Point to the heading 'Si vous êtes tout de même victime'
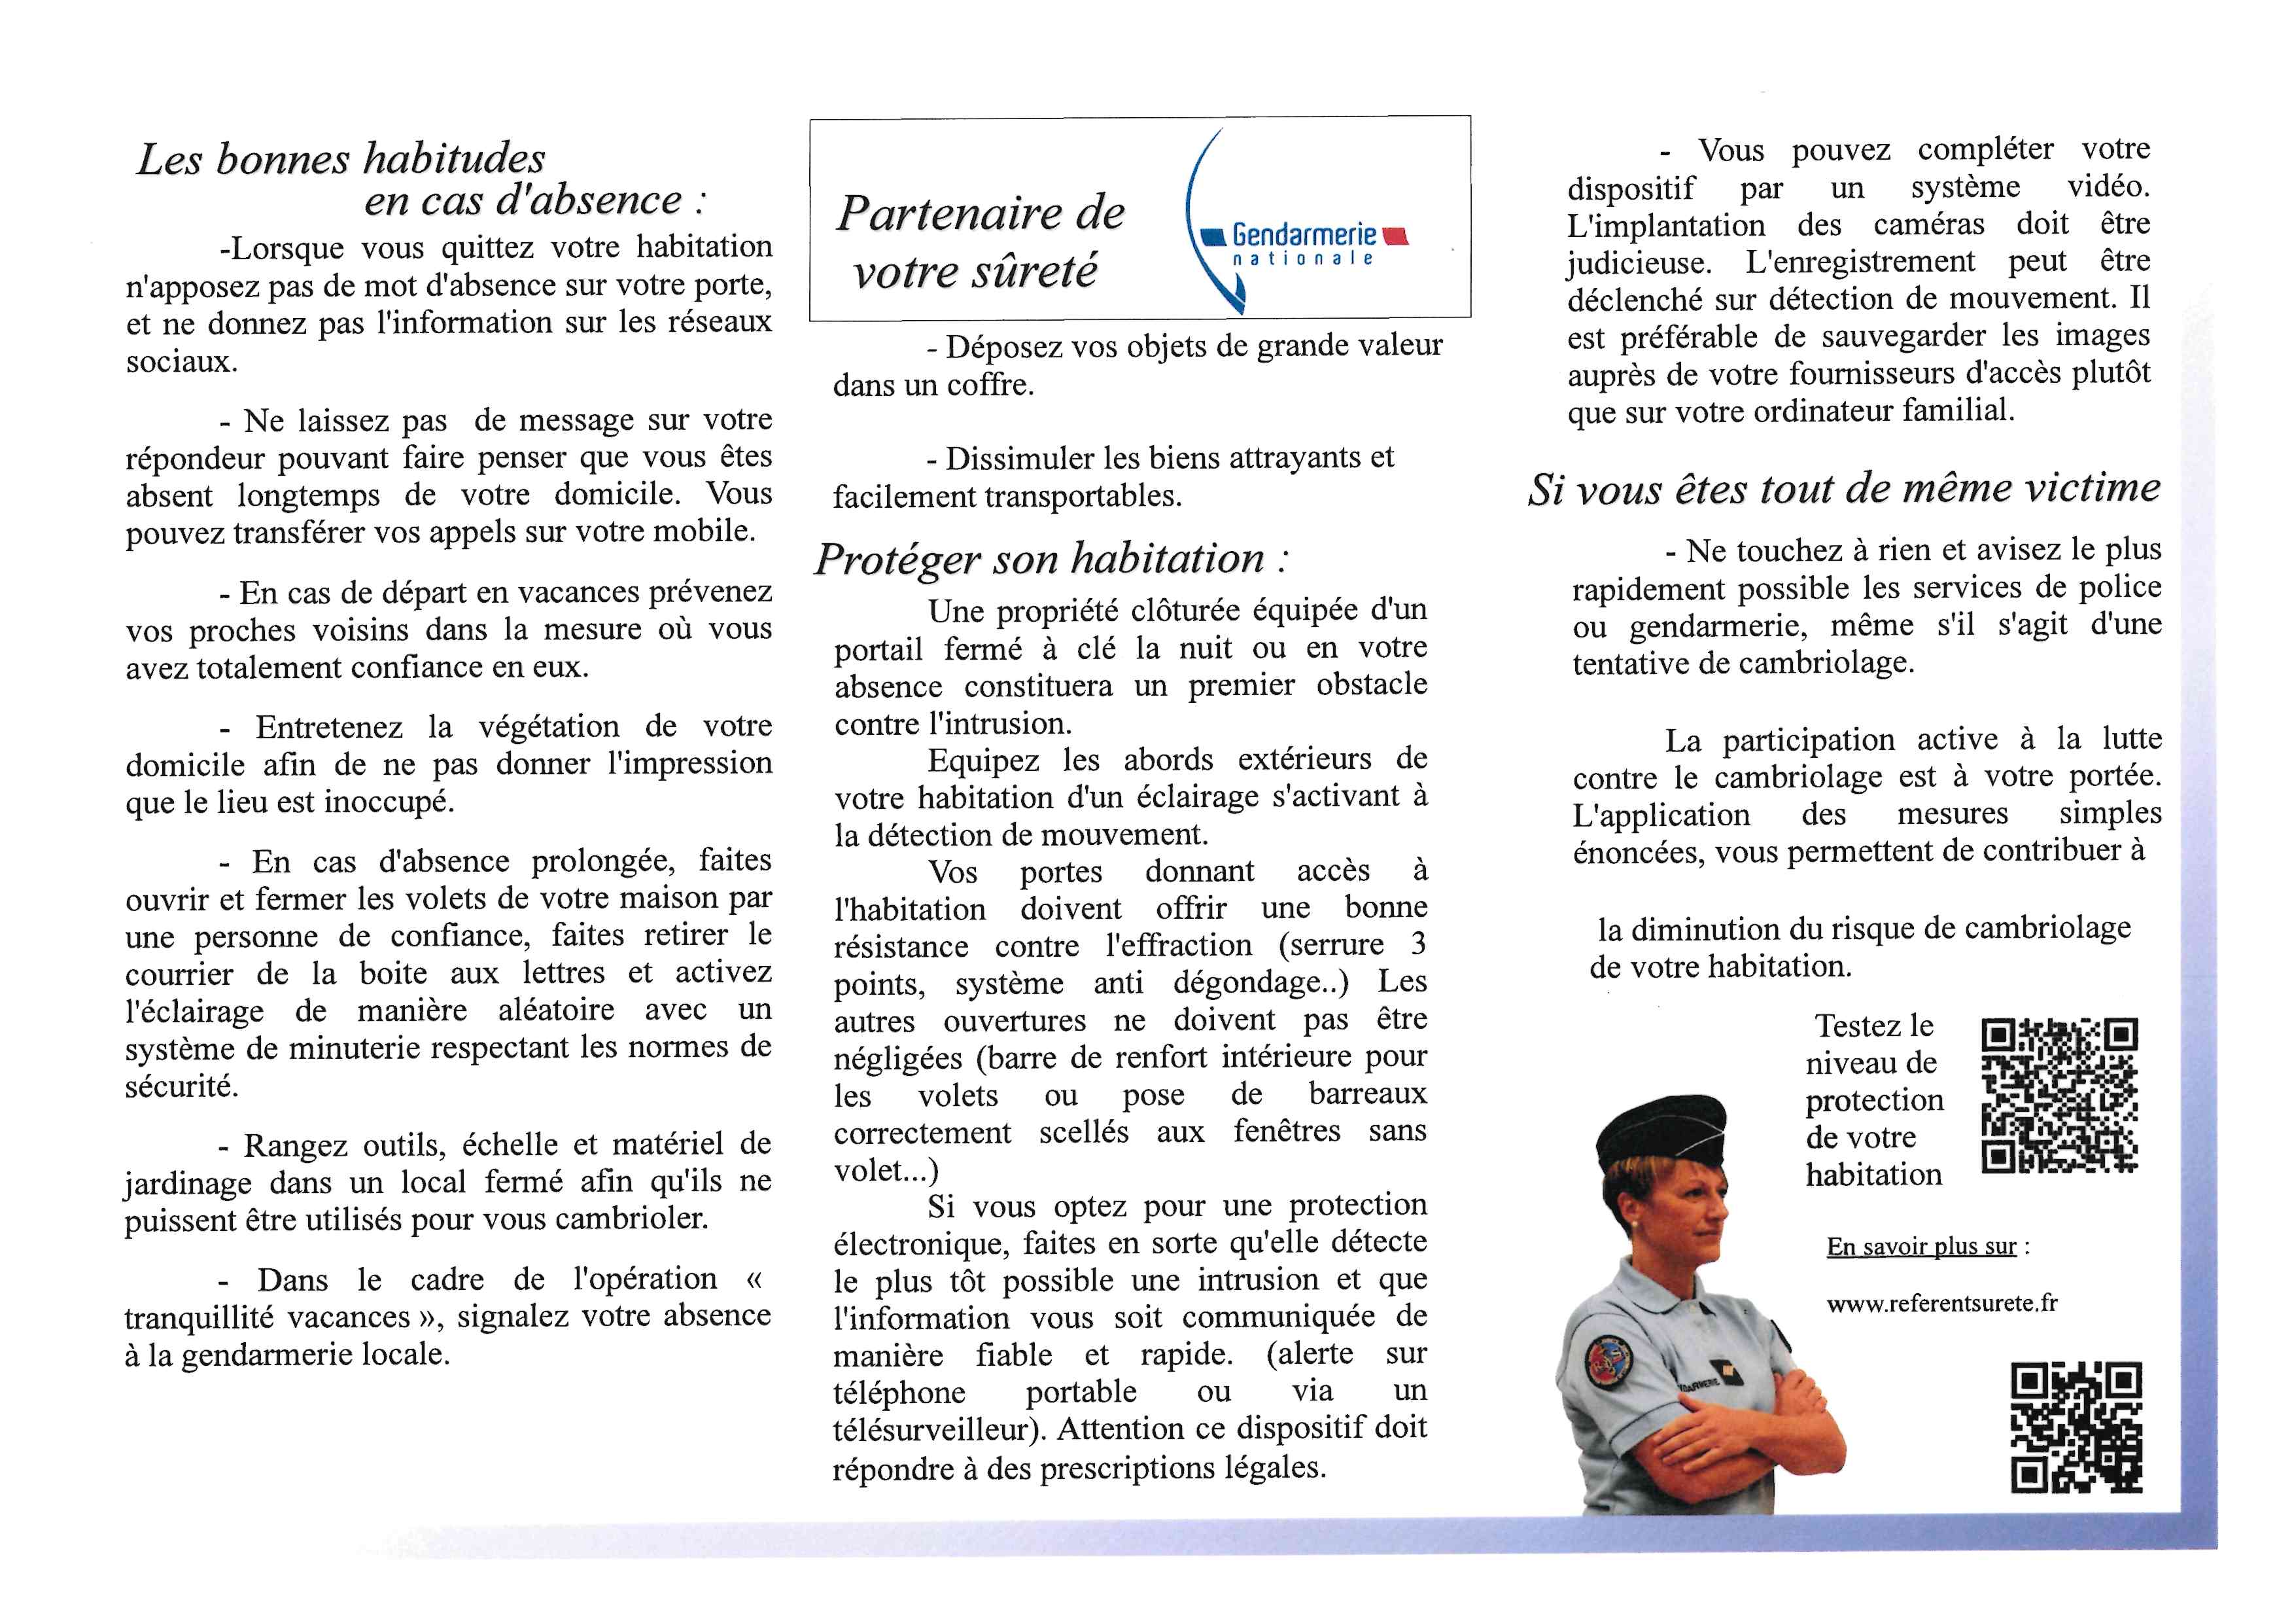click(x=1843, y=490)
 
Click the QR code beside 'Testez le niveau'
click(x=2059, y=1096)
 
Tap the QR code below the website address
click(x=2075, y=1427)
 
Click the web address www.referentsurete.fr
click(x=1941, y=1303)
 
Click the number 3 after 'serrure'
click(x=1417, y=944)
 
